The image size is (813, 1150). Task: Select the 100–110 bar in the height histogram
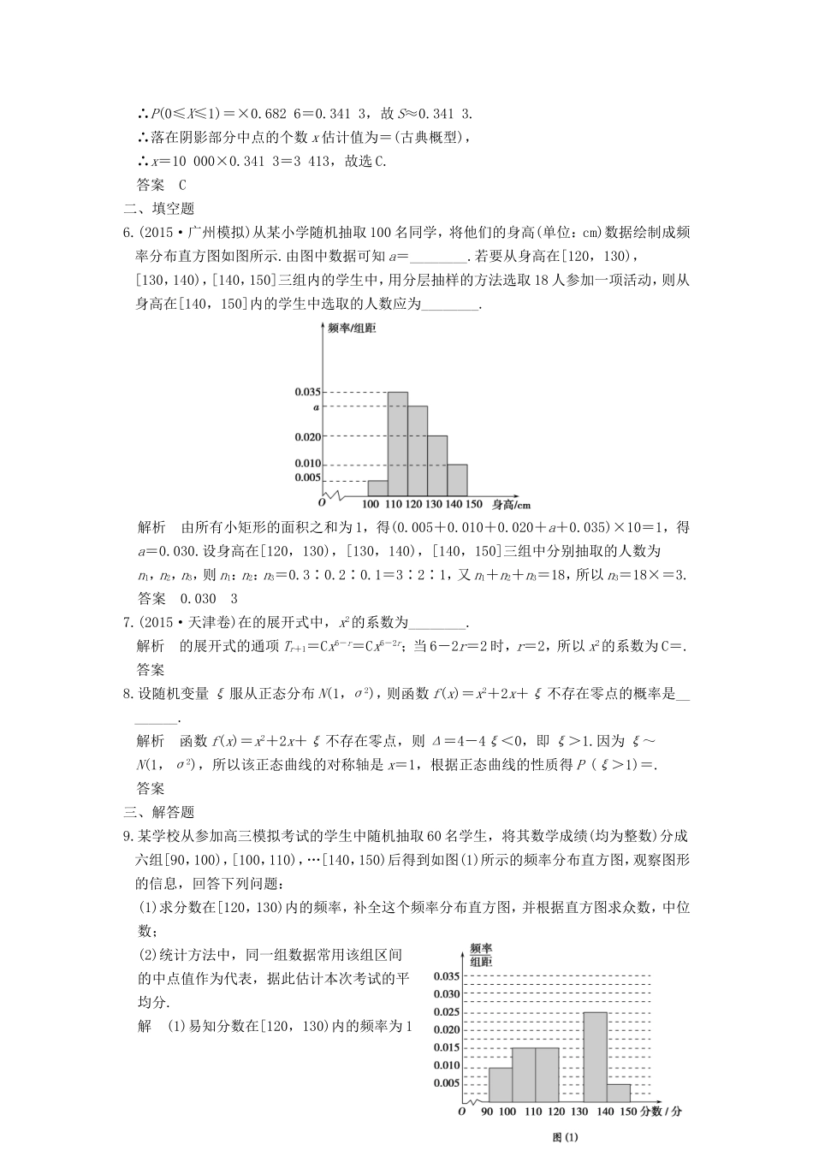point(377,488)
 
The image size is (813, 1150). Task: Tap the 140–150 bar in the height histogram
point(457,480)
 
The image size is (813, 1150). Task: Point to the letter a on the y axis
point(316,407)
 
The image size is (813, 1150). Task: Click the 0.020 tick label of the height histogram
point(307,436)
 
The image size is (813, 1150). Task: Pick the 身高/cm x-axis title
point(511,504)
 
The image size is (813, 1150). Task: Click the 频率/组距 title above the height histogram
point(352,328)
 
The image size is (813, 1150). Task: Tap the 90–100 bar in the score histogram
point(501,1084)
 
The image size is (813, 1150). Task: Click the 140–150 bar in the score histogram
point(619,1093)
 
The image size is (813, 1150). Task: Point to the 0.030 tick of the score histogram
point(446,993)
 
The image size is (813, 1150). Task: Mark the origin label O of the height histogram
point(322,503)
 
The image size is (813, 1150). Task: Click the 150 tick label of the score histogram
point(626,1111)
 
